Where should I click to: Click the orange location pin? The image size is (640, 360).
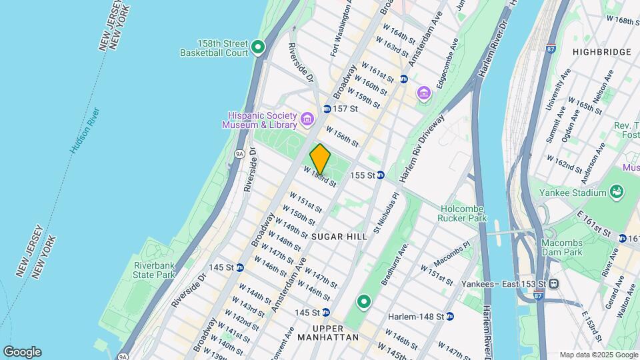tap(320, 159)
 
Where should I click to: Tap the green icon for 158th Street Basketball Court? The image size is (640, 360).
tap(258, 48)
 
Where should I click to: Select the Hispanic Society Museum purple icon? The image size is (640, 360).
tap(307, 119)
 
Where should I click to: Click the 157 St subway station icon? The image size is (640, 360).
tap(327, 109)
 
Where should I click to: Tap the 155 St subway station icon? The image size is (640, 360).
tap(379, 175)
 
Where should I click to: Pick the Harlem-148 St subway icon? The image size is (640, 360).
tap(449, 315)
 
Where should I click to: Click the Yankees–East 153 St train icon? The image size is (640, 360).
tap(553, 283)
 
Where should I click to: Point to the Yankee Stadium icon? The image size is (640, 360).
tap(617, 193)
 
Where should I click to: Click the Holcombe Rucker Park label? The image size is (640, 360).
tap(463, 213)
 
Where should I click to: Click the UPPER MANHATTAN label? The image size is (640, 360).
tap(337, 333)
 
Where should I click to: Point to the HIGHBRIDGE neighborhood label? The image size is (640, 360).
tap(602, 51)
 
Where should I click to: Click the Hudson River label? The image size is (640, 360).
tap(85, 131)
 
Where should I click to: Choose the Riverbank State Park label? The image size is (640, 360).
tap(153, 269)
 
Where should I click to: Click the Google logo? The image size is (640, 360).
tap(22, 352)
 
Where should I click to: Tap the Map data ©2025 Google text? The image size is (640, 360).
tap(598, 355)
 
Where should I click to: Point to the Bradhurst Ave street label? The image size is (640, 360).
tap(393, 265)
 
